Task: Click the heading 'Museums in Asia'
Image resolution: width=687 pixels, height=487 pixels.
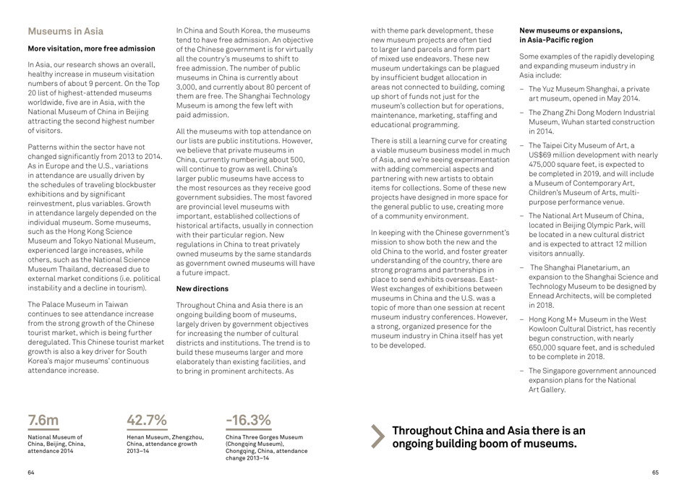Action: (x=65, y=31)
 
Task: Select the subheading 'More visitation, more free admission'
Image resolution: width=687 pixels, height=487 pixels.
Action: (x=91, y=48)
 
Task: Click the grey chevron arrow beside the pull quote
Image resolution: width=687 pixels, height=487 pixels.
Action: (x=378, y=436)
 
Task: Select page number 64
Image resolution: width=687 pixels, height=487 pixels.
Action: (x=30, y=472)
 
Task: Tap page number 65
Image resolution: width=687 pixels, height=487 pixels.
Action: (x=654, y=472)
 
